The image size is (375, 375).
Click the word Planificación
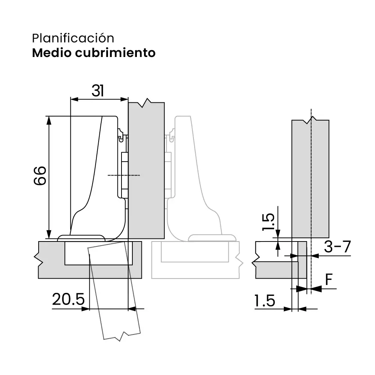(x=73, y=38)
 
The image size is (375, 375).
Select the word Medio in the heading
(x=52, y=52)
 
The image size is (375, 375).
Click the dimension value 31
(x=97, y=91)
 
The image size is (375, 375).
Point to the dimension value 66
(x=40, y=175)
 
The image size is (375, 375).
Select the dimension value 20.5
(x=68, y=300)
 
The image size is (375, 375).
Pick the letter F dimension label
(x=329, y=280)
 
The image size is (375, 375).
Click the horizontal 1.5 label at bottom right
(x=265, y=301)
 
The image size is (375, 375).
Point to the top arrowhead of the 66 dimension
(x=48, y=120)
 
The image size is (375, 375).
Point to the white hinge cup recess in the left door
(x=98, y=253)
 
